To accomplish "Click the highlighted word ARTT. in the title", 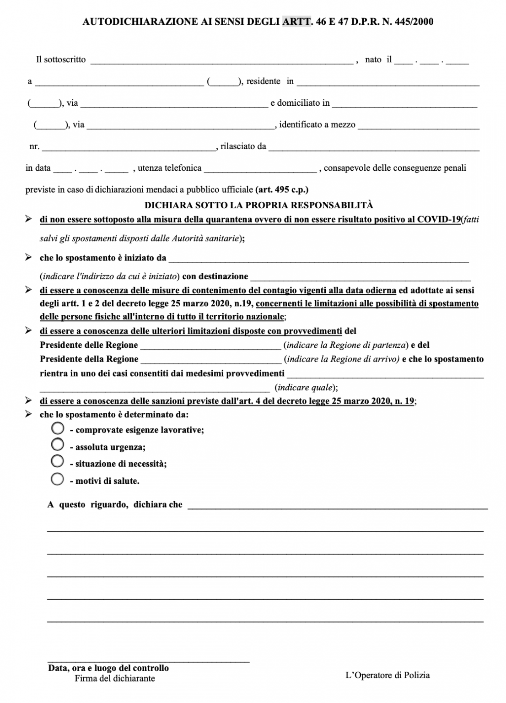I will (296, 22).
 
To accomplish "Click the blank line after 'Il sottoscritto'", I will (221, 61).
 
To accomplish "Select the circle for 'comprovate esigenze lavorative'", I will (58, 428).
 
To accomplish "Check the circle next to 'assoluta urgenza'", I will (58, 445).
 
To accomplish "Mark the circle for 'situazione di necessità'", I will (58, 462).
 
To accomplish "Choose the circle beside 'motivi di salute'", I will (58, 479).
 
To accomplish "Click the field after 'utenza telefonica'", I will (260, 169).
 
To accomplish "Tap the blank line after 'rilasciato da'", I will (374, 148).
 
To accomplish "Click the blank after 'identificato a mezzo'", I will (418, 126).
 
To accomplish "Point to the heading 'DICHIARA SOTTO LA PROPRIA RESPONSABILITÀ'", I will (259, 205).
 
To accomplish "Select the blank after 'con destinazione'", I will (361, 277).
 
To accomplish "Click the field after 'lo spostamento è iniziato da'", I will (318, 259).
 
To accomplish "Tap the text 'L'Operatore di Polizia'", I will (388, 675).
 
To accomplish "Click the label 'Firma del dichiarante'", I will (115, 679).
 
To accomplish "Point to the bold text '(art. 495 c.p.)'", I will (282, 189).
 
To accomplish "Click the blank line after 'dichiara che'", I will (338, 506).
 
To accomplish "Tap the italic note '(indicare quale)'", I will (306, 388).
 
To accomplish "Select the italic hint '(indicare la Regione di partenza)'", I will (346, 345).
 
